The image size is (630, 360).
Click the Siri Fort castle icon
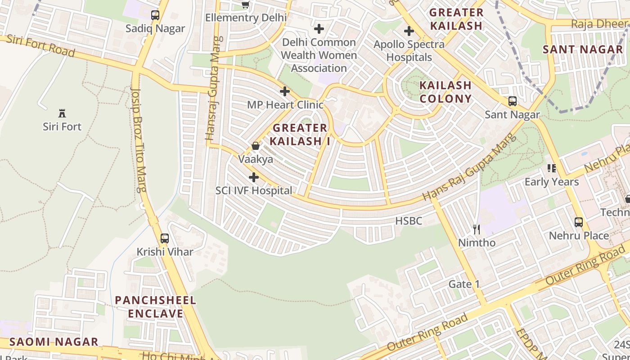point(62,113)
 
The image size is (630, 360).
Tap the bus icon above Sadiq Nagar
point(155,15)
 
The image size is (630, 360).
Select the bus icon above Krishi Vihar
point(165,238)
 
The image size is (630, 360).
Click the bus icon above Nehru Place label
point(579,222)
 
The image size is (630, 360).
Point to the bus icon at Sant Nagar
point(512,101)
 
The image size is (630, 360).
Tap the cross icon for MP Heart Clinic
point(285,91)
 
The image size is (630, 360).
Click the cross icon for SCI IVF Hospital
point(254,177)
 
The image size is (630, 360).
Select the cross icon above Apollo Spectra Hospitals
point(409,31)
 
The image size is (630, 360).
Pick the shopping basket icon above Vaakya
point(256,146)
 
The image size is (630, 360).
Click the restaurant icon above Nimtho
point(477,229)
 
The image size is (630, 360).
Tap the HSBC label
point(409,221)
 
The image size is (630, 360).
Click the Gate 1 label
point(464,284)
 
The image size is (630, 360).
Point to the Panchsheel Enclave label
point(156,307)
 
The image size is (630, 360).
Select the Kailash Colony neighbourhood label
point(445,92)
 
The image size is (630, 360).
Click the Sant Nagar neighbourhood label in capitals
point(583,49)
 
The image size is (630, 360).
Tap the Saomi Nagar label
point(54,342)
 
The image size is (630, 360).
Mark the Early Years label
point(552,182)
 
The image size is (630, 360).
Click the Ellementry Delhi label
point(246,18)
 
